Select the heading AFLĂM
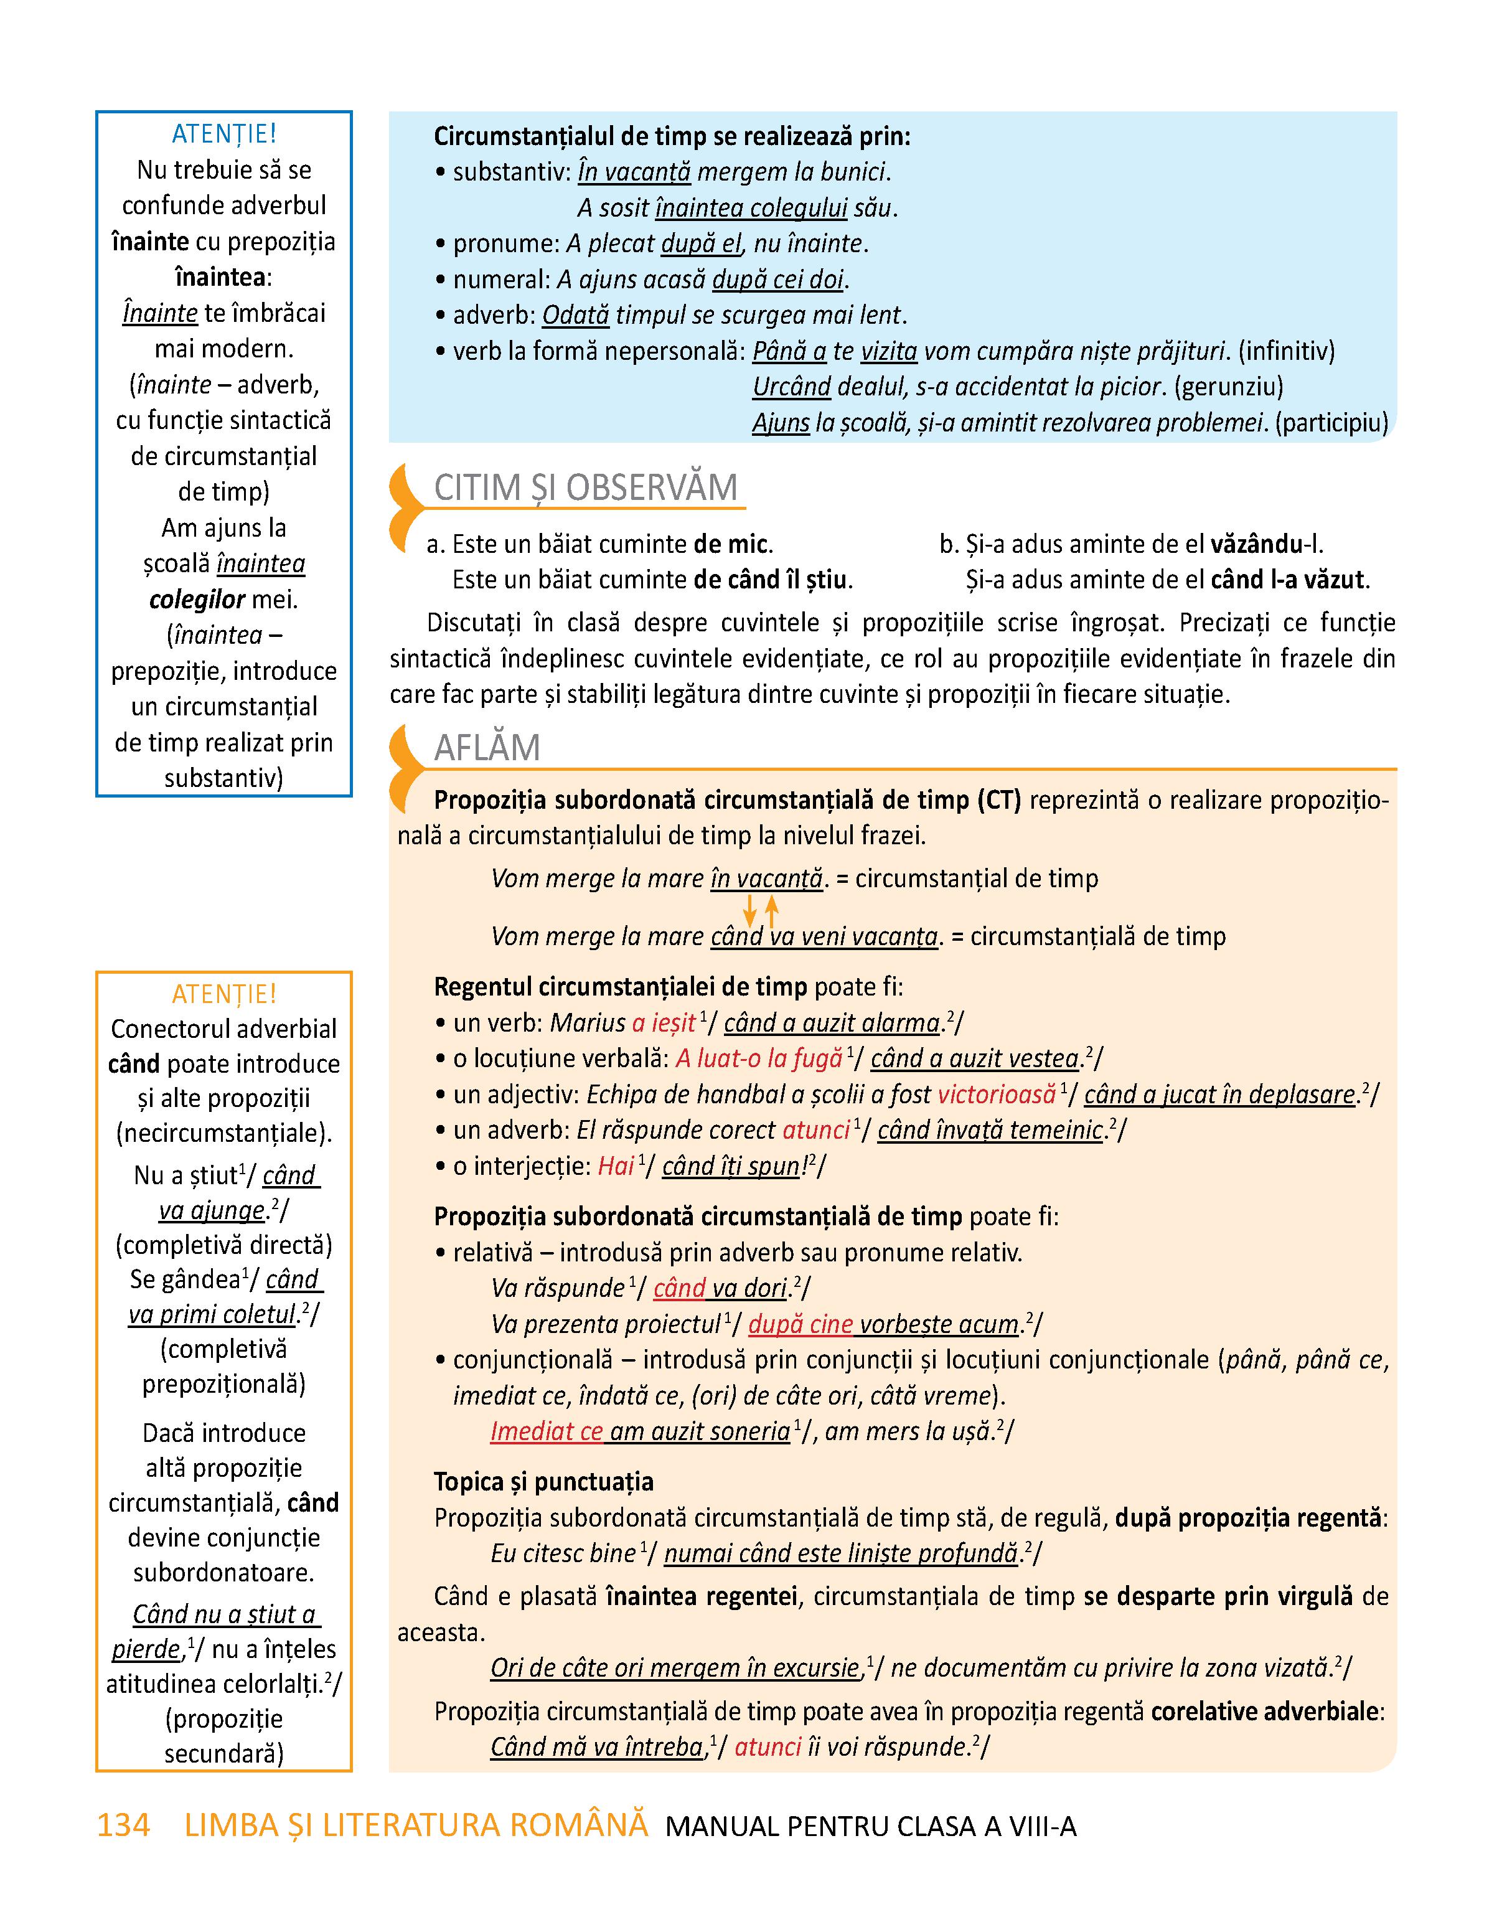[x=487, y=747]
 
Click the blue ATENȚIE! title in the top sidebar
[x=224, y=133]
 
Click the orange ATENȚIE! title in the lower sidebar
[x=224, y=994]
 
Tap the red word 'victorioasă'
[x=996, y=1095]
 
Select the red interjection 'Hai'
[x=616, y=1166]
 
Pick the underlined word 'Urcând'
[x=791, y=387]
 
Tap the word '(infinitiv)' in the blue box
[x=1287, y=351]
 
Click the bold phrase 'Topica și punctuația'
[x=543, y=1481]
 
